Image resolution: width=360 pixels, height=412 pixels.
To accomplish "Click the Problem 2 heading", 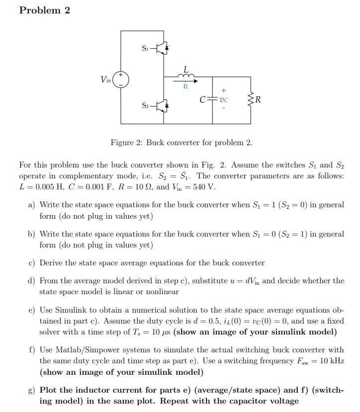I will pos(44,10).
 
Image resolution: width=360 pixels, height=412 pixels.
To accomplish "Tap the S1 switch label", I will pos(145,48).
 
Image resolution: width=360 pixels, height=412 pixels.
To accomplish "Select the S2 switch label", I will pos(145,105).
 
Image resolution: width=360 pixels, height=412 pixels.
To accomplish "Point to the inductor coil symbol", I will pos(186,75).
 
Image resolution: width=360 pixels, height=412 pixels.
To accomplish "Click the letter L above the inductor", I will pos(186,68).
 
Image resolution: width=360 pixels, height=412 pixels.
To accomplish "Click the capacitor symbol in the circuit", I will pos(213,99).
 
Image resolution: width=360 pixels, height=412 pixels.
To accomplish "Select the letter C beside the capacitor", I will pos(202,99).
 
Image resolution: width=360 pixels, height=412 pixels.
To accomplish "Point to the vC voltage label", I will pos(224,99).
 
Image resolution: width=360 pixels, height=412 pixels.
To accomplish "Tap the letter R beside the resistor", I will pos(259,99).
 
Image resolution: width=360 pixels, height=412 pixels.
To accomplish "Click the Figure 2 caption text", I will pos(181,143).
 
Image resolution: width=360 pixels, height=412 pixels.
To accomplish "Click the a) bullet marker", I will pos(31,205).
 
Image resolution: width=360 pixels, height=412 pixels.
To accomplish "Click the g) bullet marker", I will pos(31,390).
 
